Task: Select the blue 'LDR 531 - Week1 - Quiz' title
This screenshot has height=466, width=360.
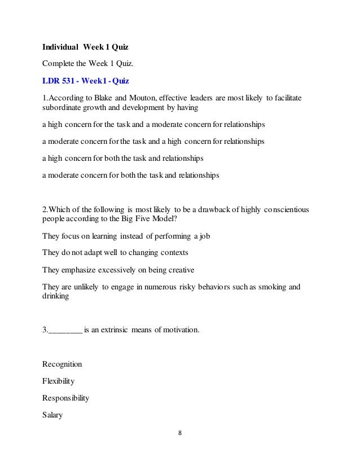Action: click(x=85, y=81)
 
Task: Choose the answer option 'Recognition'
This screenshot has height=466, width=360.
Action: click(x=62, y=364)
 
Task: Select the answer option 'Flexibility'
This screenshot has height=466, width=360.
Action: click(x=59, y=381)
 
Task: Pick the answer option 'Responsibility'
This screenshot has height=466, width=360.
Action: click(x=65, y=397)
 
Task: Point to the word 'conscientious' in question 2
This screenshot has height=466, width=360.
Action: click(x=286, y=210)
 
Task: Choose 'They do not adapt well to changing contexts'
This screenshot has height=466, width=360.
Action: click(x=115, y=253)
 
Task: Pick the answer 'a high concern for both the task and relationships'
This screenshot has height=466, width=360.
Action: click(x=123, y=158)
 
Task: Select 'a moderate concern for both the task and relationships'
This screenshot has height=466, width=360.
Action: click(x=130, y=175)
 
